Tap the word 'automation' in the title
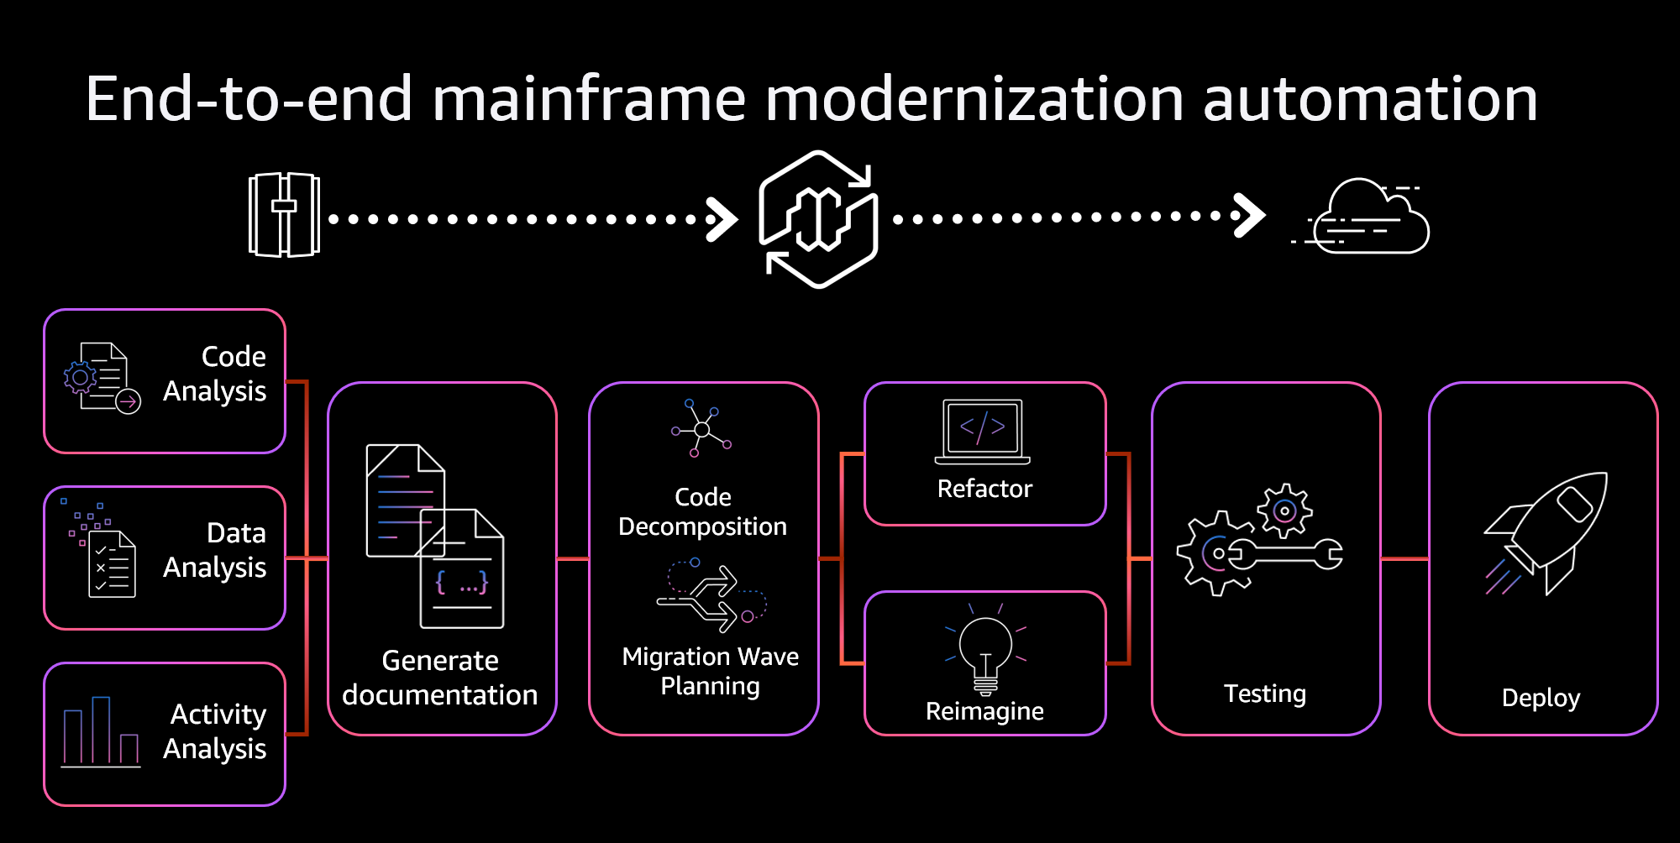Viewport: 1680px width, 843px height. tap(1369, 99)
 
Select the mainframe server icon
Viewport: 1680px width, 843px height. tap(284, 215)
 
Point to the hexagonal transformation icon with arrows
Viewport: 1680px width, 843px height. tap(819, 219)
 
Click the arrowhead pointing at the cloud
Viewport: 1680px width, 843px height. tap(1250, 216)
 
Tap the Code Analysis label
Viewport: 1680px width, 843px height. tap(215, 374)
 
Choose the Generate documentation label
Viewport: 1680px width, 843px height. tap(440, 678)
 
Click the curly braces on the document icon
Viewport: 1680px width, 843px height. tap(462, 582)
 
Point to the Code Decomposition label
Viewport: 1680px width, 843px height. tap(703, 511)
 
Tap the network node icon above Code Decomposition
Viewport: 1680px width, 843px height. tap(701, 429)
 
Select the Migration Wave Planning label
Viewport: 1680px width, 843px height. tap(710, 671)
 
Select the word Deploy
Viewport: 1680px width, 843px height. tap(1541, 698)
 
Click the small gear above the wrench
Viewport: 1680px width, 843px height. tap(1284, 511)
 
